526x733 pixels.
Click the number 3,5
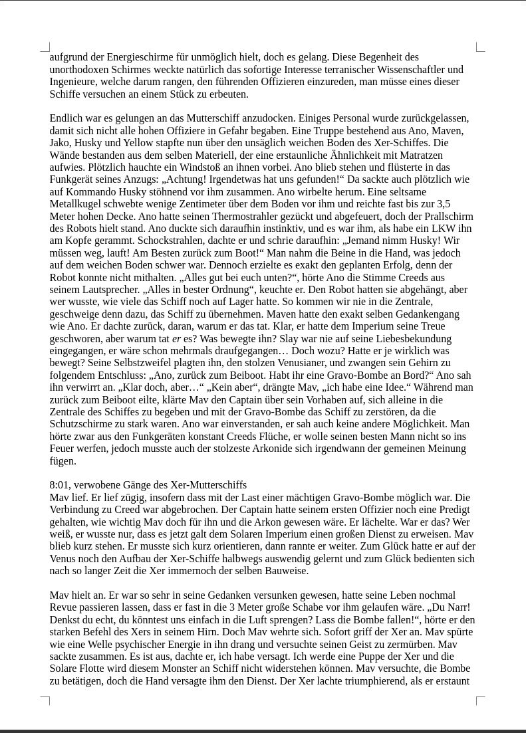coord(442,204)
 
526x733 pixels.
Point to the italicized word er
coord(177,339)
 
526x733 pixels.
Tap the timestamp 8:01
coord(61,485)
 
